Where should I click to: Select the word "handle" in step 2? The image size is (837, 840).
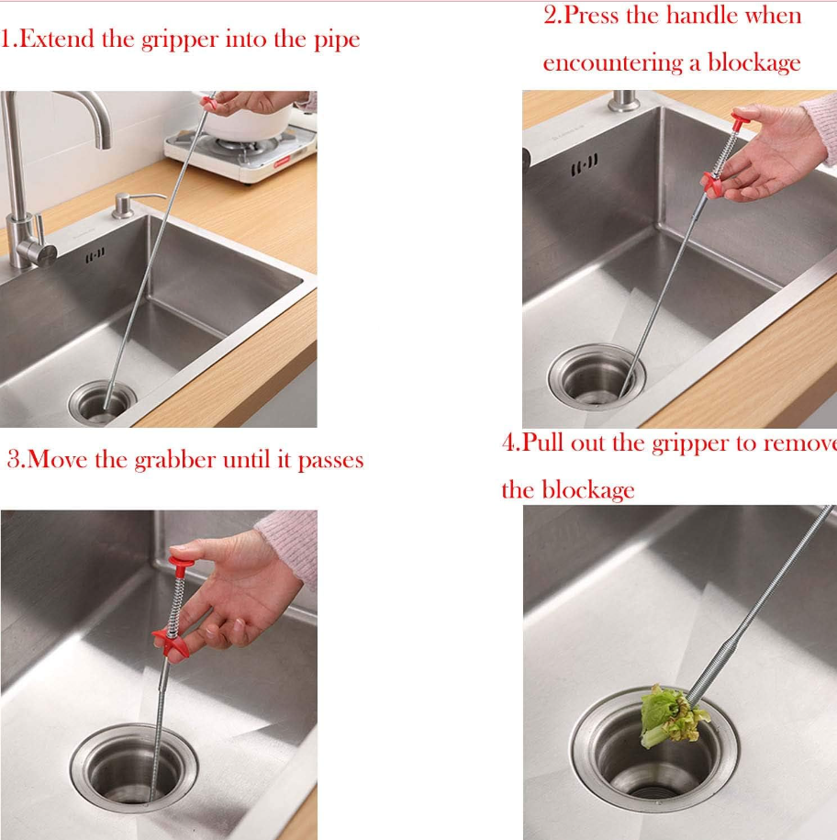[x=701, y=15]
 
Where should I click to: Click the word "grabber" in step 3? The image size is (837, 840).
[x=175, y=460]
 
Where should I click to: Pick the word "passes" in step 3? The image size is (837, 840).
[x=330, y=461]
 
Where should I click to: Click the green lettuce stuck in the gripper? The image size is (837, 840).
[x=672, y=716]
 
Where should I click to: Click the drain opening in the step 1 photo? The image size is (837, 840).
[x=102, y=403]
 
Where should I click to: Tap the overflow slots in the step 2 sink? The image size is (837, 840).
[x=585, y=165]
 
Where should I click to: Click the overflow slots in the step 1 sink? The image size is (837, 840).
[x=95, y=255]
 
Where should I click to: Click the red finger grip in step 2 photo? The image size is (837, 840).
[x=713, y=185]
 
